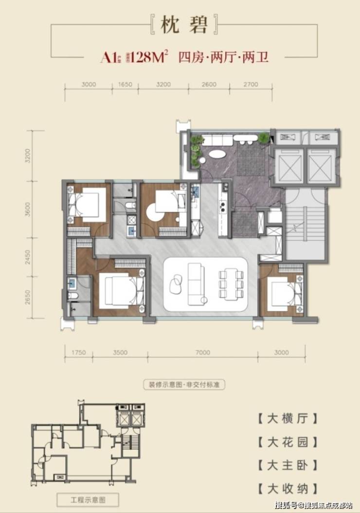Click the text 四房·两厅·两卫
[x=223, y=58]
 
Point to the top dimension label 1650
[x=126, y=85]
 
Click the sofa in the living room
[x=198, y=283]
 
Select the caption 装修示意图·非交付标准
[x=184, y=385]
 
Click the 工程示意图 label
[x=88, y=499]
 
